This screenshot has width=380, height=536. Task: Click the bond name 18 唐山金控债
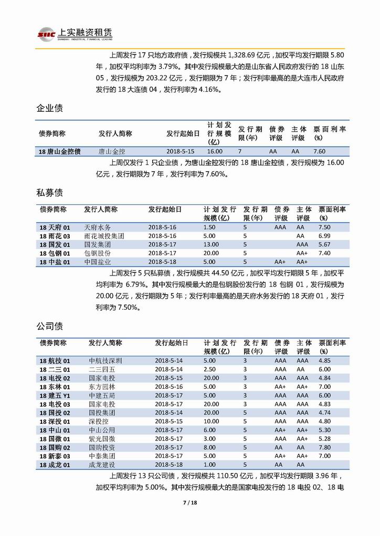[60, 151]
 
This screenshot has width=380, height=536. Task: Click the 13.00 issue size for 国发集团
[211, 244]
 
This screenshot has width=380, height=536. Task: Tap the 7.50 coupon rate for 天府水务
[324, 227]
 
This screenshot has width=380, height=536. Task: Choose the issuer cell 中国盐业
[97, 261]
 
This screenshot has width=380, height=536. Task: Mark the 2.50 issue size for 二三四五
[209, 369]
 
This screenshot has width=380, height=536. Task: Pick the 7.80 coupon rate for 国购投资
[324, 447]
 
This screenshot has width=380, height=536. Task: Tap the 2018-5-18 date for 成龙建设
[168, 464]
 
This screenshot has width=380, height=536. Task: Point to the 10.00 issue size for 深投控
[211, 421]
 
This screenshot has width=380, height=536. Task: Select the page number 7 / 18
[189, 503]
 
